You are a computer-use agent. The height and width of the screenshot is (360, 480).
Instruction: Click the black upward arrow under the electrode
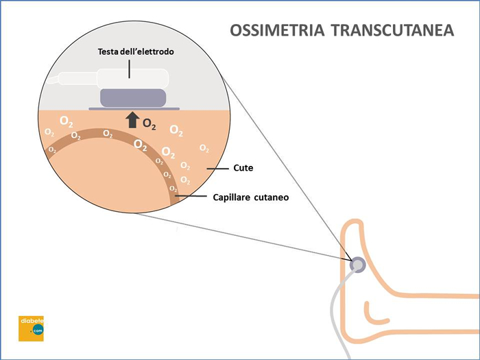pyautogui.click(x=132, y=121)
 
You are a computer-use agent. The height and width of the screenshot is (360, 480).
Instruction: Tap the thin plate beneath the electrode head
pyautogui.click(x=134, y=108)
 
